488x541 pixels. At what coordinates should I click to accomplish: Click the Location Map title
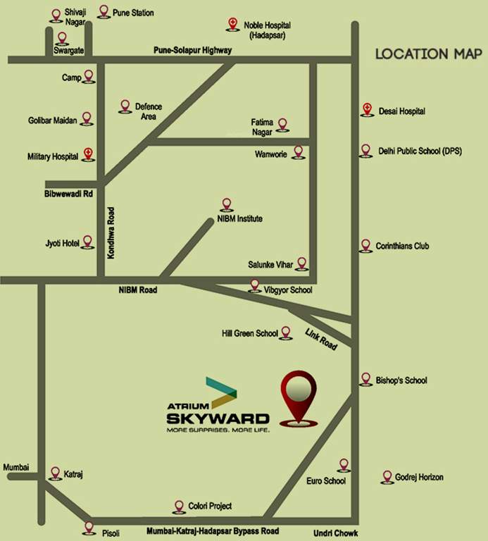tap(421, 54)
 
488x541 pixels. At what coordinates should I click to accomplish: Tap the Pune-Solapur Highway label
tap(192, 50)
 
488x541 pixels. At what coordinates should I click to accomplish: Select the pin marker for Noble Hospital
tap(232, 25)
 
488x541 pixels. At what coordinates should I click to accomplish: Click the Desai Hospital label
tap(402, 111)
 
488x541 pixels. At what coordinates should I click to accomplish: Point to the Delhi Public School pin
tap(365, 150)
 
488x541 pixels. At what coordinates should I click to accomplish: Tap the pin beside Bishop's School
tap(365, 379)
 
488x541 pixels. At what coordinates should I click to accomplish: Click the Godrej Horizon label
tap(420, 477)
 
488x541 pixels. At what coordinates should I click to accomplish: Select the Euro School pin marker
tap(343, 465)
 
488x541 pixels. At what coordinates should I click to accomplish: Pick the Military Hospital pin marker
tap(87, 155)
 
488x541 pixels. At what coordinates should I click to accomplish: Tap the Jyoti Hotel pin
tap(87, 242)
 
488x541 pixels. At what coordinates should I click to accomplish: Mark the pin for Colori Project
tap(178, 506)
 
